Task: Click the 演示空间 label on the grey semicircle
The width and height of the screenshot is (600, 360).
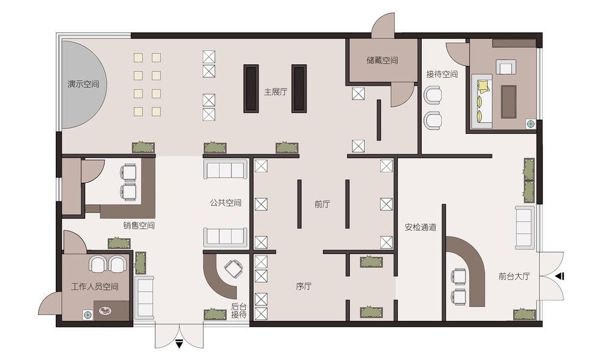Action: [x=83, y=84]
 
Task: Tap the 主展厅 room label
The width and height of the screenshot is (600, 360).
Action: [x=275, y=92]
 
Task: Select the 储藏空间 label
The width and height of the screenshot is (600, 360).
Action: [x=382, y=60]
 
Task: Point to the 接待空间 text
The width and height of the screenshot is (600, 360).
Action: [x=442, y=74]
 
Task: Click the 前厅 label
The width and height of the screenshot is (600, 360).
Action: [x=322, y=204]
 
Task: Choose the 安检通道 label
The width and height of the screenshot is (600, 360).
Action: [x=421, y=227]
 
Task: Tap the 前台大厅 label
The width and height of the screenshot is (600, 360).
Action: [x=514, y=276]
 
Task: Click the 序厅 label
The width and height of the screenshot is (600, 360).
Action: [x=304, y=286]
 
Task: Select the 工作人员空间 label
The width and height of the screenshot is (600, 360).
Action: [x=95, y=287]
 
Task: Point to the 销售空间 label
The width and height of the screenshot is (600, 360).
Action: [x=139, y=226]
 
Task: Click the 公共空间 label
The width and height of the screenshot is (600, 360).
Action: [x=226, y=203]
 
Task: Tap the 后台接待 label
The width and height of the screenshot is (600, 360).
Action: [x=239, y=311]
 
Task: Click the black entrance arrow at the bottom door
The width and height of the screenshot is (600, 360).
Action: [x=179, y=344]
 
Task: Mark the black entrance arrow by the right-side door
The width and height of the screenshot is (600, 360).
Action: [x=560, y=276]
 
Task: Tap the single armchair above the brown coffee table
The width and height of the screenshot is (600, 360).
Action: [x=506, y=67]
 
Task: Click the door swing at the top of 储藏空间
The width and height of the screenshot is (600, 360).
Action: [x=384, y=25]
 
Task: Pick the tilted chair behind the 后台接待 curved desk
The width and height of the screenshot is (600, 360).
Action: [x=233, y=269]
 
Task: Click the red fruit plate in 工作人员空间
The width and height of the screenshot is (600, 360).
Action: [x=104, y=311]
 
